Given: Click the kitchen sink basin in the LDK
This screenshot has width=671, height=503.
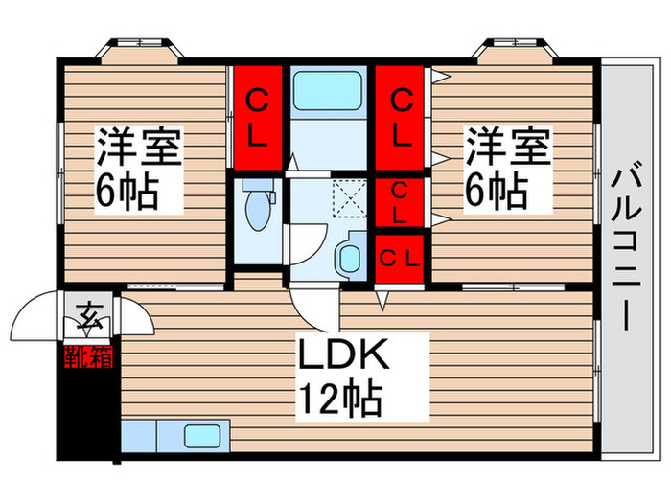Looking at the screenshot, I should click(x=201, y=436).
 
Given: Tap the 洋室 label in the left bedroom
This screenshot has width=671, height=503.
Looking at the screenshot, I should click(x=139, y=150).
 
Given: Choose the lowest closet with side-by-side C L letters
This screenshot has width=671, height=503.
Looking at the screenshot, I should click(x=400, y=258).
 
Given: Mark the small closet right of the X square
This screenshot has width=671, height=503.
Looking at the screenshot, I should click(x=400, y=201).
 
